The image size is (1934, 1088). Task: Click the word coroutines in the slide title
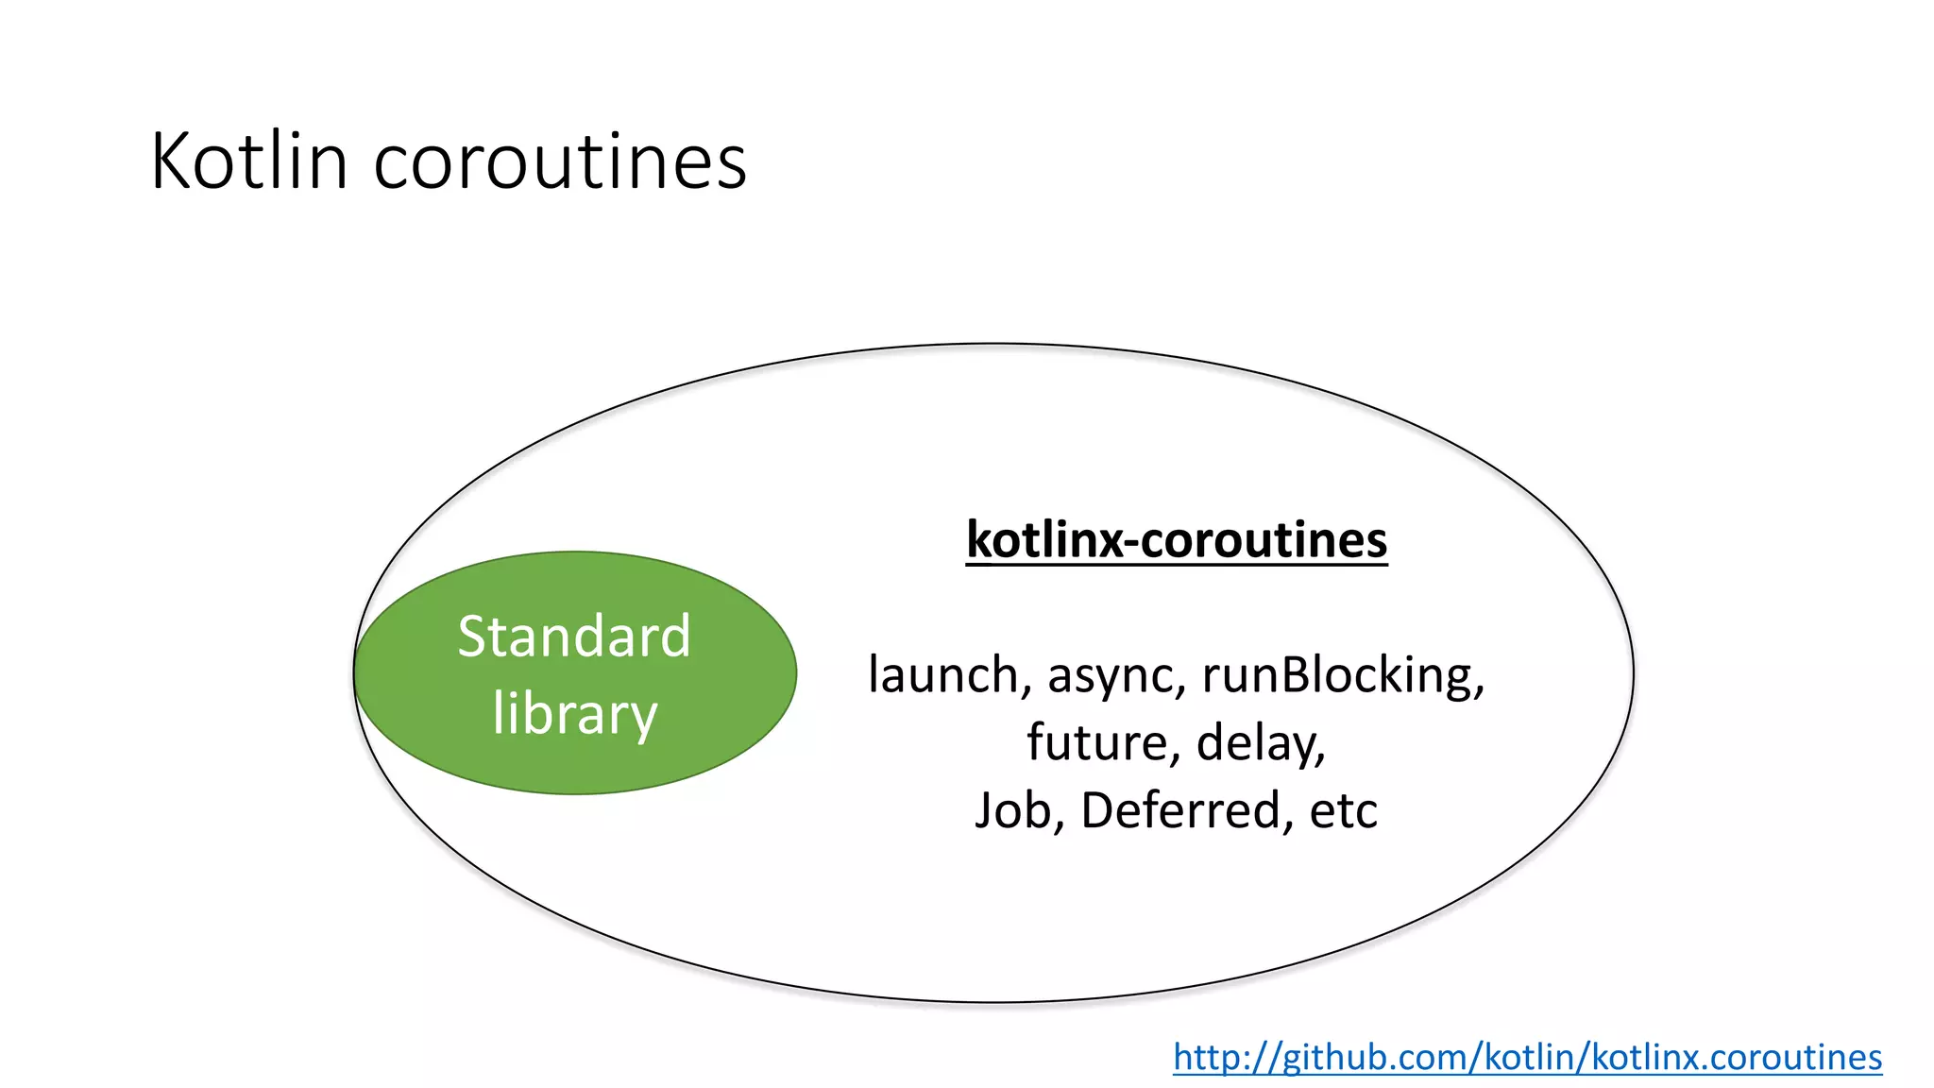560,161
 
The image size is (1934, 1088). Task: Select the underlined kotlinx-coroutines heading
1177,540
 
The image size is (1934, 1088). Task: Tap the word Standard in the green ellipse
574,636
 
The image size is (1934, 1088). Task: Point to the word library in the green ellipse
574,713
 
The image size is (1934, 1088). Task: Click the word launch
943,675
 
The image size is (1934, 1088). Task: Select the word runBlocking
1342,675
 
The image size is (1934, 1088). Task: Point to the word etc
1343,810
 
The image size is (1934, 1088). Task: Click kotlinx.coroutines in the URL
1737,1057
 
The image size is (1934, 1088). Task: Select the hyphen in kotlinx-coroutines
1130,543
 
